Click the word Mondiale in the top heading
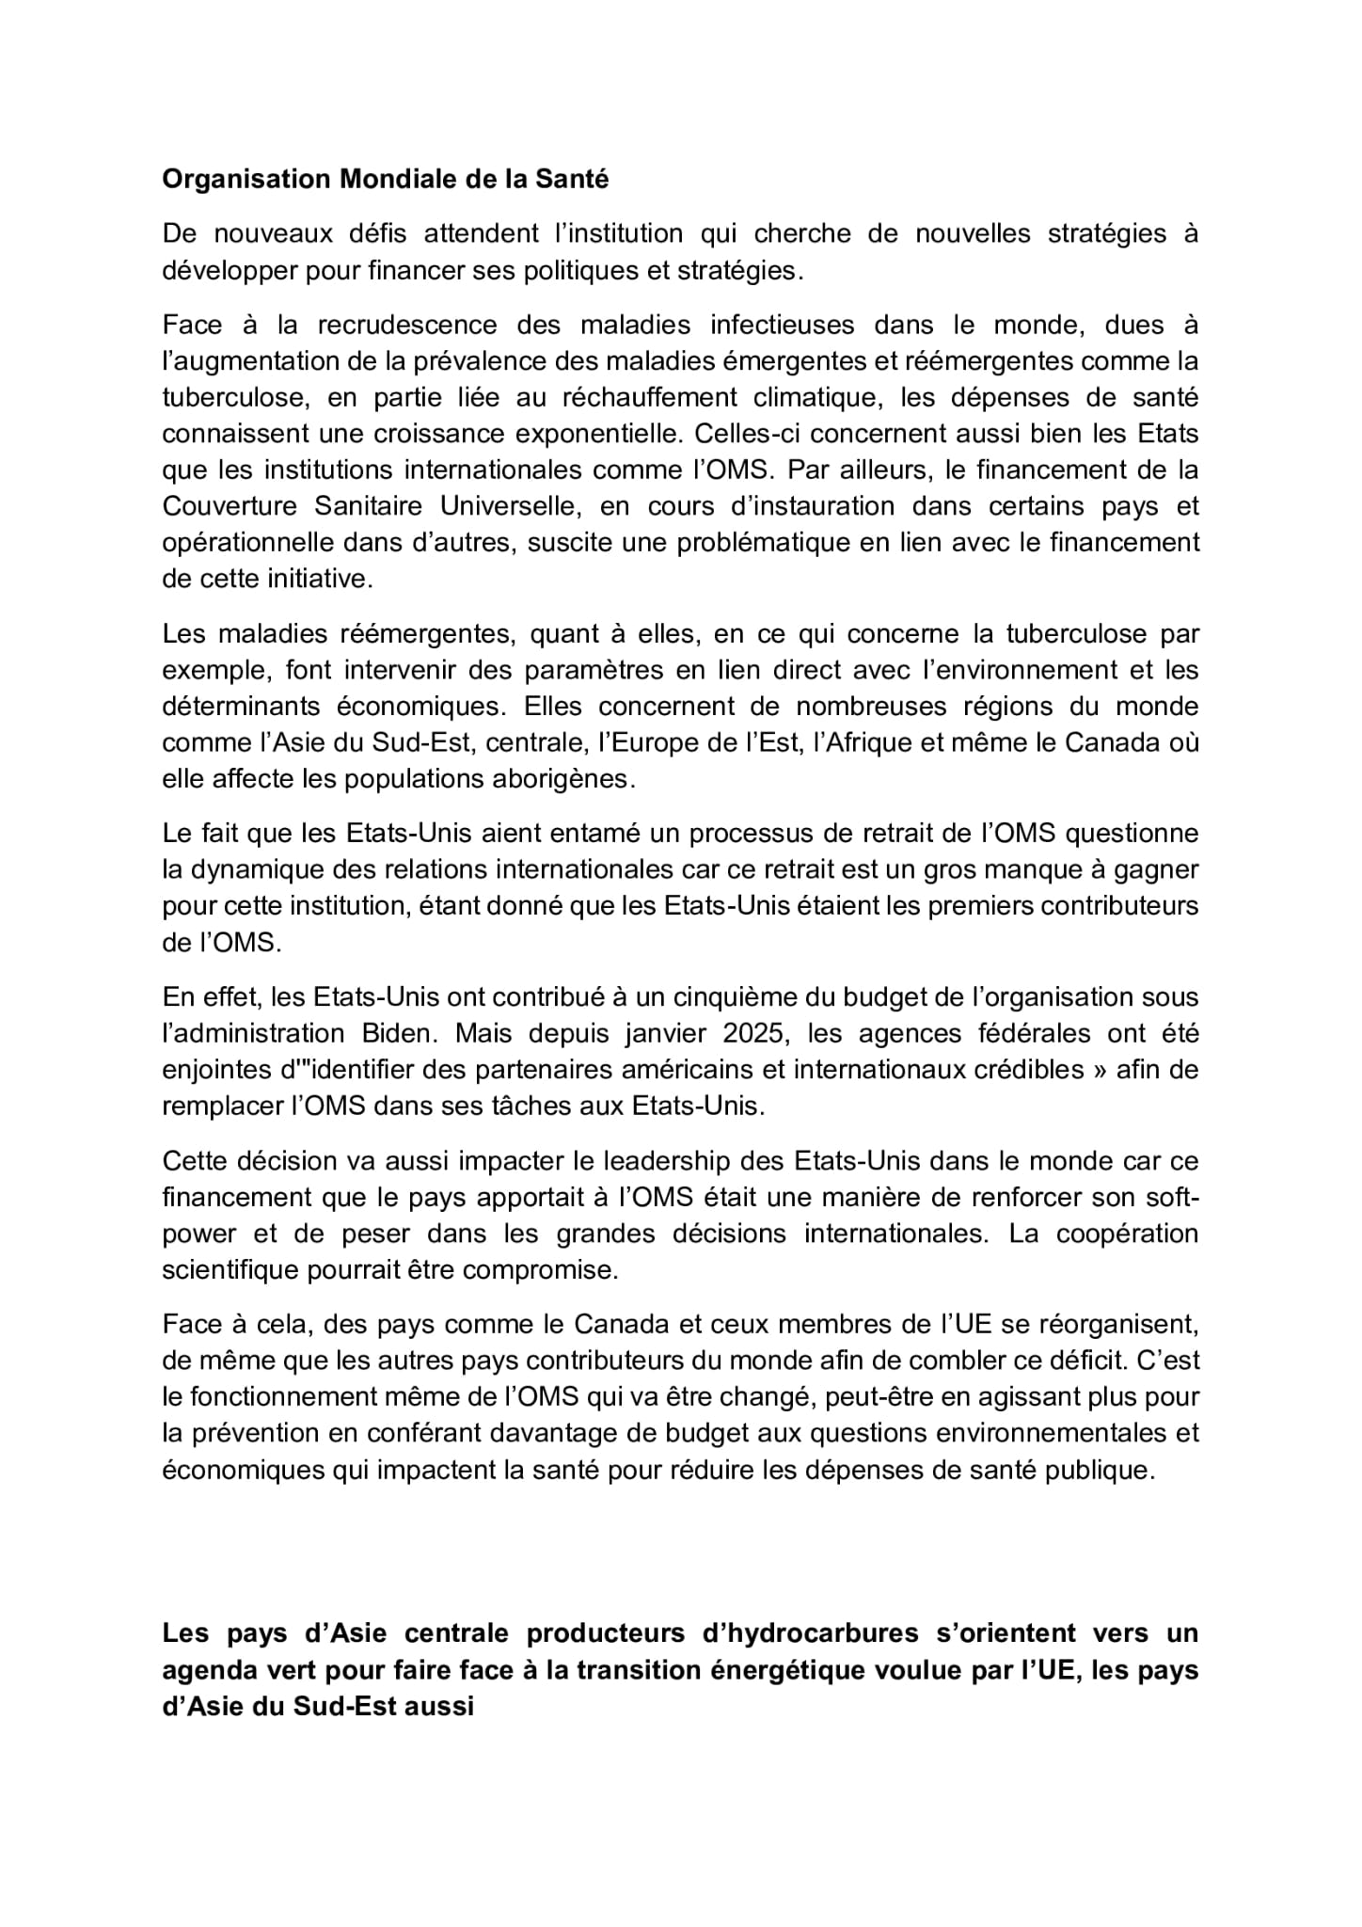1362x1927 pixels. (x=391, y=179)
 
